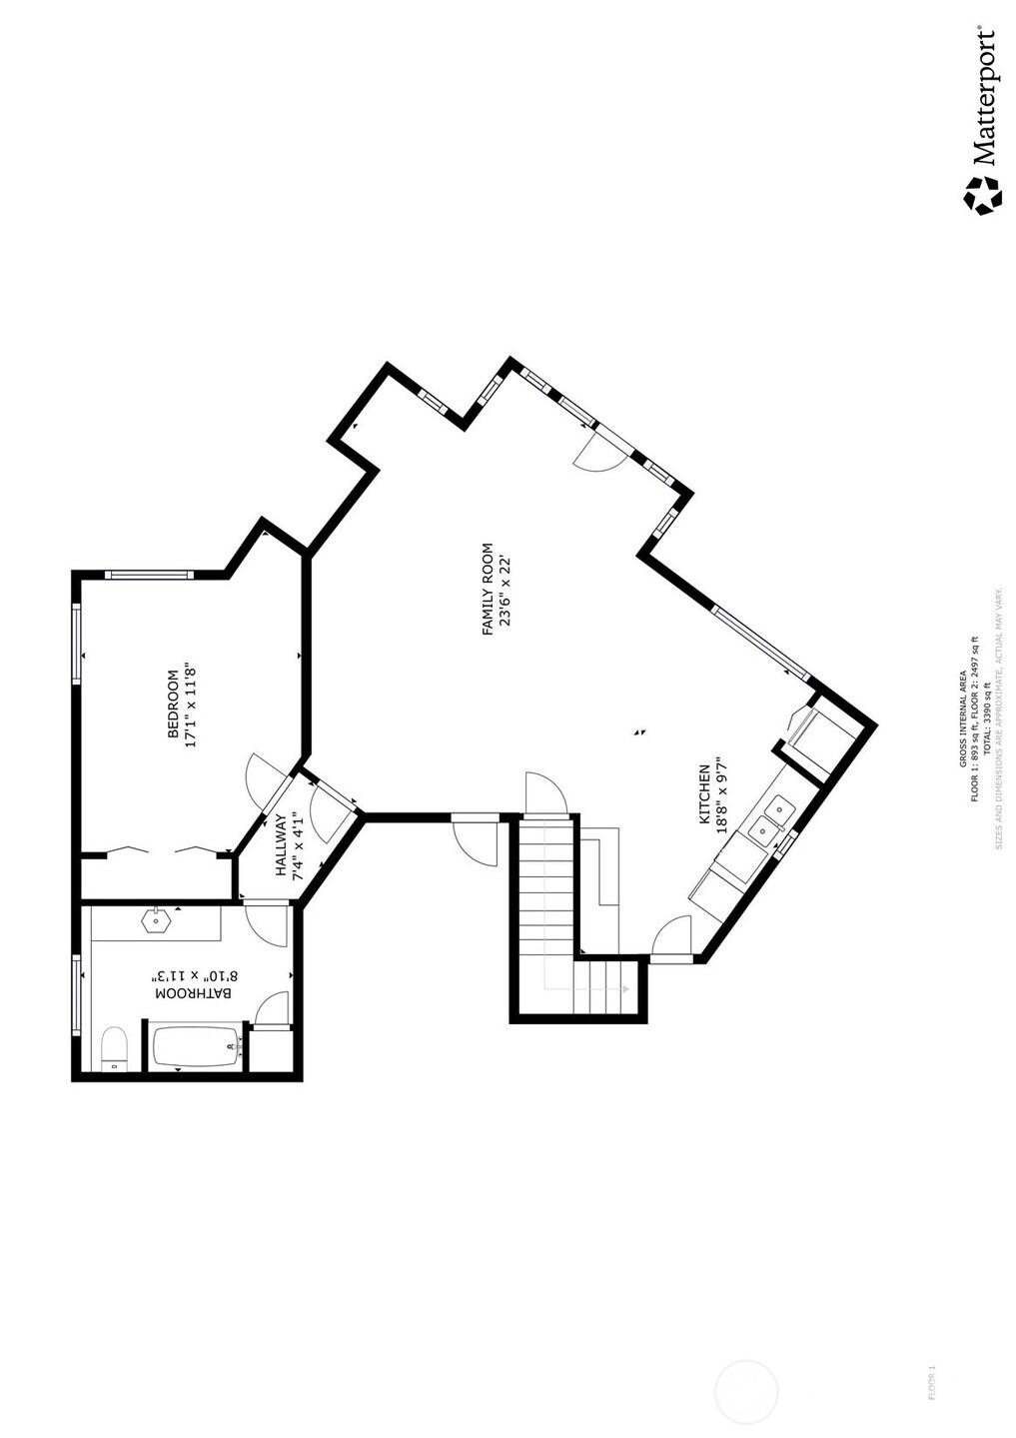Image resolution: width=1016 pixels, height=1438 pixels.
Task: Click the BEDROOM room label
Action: coord(172,705)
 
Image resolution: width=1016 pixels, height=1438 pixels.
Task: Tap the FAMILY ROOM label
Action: coord(488,590)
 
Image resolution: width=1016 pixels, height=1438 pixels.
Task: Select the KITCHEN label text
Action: coord(703,794)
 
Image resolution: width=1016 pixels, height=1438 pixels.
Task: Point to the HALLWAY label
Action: coord(281,845)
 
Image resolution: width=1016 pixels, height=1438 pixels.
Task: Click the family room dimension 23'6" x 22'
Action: coord(506,590)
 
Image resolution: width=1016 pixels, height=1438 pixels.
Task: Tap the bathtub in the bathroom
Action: coord(197,1046)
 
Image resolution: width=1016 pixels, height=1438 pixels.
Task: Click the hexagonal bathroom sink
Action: coord(155,920)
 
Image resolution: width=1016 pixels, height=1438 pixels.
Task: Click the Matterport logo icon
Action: coord(981,194)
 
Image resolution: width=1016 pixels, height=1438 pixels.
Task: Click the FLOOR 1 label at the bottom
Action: coord(932,1382)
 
